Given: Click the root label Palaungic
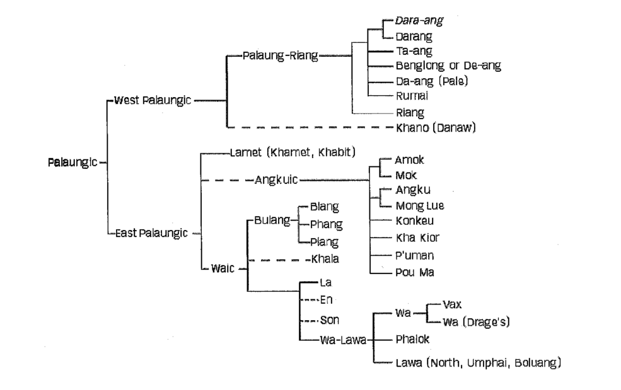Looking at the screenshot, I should pos(73,162).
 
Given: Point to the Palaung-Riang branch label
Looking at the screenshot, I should pos(281,55).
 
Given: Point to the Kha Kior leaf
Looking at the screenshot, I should pos(417,238).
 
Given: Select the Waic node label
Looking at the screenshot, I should pos(223,268).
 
